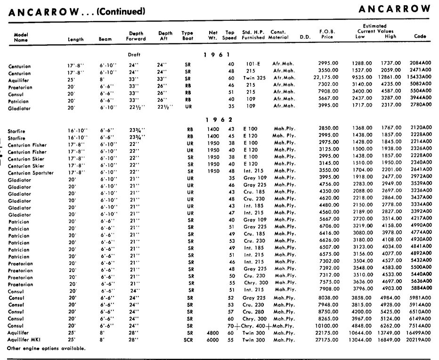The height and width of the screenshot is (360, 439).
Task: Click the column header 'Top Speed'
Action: [x=229, y=35]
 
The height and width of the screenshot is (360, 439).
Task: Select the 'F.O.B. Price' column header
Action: [x=327, y=34]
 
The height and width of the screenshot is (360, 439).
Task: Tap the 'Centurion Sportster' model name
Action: [x=31, y=173]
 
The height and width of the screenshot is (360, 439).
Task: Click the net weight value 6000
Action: [x=213, y=340]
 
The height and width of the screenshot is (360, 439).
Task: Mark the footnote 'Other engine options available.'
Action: [x=47, y=349]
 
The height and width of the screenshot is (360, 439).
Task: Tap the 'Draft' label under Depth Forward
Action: [x=134, y=55]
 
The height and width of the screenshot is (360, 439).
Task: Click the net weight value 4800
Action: [x=213, y=333]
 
